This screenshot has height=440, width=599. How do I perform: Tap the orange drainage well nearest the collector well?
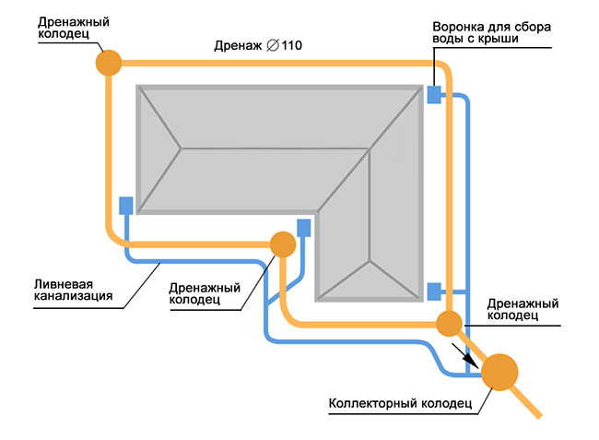click(x=449, y=324)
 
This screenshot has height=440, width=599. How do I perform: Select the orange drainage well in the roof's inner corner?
click(x=282, y=244)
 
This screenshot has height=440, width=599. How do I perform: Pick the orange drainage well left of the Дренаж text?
click(x=109, y=62)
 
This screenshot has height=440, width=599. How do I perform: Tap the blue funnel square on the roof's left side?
click(x=126, y=205)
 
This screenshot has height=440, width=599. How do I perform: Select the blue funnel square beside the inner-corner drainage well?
click(x=303, y=226)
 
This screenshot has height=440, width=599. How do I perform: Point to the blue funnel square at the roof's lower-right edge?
click(x=434, y=291)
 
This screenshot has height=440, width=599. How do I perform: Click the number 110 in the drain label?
click(x=293, y=44)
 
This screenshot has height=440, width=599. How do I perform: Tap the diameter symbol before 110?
click(x=272, y=44)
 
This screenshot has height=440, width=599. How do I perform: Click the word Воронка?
click(x=457, y=25)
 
